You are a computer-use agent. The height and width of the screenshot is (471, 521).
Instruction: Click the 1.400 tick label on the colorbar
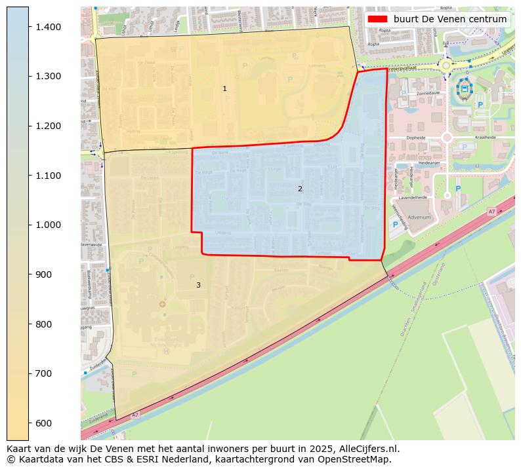click(x=48, y=27)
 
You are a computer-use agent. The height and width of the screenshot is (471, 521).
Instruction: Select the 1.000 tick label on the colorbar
click(x=48, y=225)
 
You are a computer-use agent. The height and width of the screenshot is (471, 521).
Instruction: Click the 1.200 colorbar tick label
click(x=48, y=126)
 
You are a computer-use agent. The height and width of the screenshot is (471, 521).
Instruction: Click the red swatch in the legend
click(x=378, y=20)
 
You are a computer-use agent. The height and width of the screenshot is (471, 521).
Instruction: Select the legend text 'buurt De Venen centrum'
click(x=449, y=20)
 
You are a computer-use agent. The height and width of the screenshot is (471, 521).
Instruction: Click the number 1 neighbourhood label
click(x=224, y=88)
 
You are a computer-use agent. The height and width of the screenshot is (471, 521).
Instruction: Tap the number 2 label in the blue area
click(x=300, y=189)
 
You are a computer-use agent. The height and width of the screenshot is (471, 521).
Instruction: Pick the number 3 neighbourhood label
click(x=198, y=285)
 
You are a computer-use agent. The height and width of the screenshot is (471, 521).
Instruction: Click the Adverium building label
click(x=419, y=217)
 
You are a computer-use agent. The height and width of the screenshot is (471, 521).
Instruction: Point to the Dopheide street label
click(x=416, y=138)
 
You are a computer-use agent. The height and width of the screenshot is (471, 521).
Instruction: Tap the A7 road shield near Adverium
click(x=491, y=212)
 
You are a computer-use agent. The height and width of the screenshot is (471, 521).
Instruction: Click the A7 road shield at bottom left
click(x=135, y=415)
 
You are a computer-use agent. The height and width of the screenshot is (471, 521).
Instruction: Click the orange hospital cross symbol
click(x=162, y=304)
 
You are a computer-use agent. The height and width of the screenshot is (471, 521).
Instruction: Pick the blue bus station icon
click(x=465, y=87)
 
